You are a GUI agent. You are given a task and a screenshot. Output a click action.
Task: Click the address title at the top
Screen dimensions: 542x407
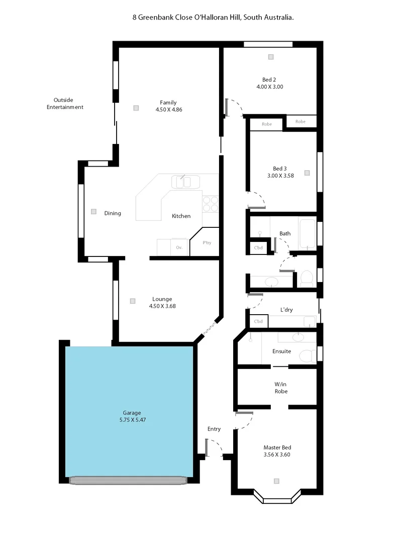point(213,17)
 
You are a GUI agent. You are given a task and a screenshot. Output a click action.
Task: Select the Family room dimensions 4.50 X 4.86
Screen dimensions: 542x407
point(169,109)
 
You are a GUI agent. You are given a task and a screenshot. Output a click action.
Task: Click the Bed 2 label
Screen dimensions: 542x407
point(269,80)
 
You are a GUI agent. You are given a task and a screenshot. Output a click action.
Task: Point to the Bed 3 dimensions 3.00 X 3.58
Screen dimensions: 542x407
point(280,176)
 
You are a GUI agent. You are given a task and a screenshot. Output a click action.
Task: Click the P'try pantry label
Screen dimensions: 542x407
point(207,243)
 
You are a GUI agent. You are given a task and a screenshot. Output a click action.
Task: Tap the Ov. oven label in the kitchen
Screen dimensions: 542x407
point(179,247)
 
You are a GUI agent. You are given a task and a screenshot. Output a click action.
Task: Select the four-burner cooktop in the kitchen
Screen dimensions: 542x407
point(211,203)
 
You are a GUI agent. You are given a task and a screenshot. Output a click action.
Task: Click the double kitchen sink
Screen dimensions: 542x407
point(185,181)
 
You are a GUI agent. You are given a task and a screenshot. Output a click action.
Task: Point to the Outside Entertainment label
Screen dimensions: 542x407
point(65,103)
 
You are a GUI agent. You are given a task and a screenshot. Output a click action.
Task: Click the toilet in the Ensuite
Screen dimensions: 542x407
point(306,355)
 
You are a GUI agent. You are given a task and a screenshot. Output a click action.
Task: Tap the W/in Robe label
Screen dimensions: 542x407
point(281,387)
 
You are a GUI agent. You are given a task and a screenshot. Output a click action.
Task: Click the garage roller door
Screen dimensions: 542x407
point(128,480)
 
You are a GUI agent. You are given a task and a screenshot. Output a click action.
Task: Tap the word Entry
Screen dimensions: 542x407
point(214,429)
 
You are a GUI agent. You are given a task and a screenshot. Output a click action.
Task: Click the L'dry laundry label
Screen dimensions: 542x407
point(286,310)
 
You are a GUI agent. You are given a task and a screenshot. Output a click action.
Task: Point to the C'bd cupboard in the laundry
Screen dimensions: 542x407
point(259,321)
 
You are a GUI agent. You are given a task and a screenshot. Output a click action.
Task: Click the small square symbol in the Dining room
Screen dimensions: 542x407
point(93,212)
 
